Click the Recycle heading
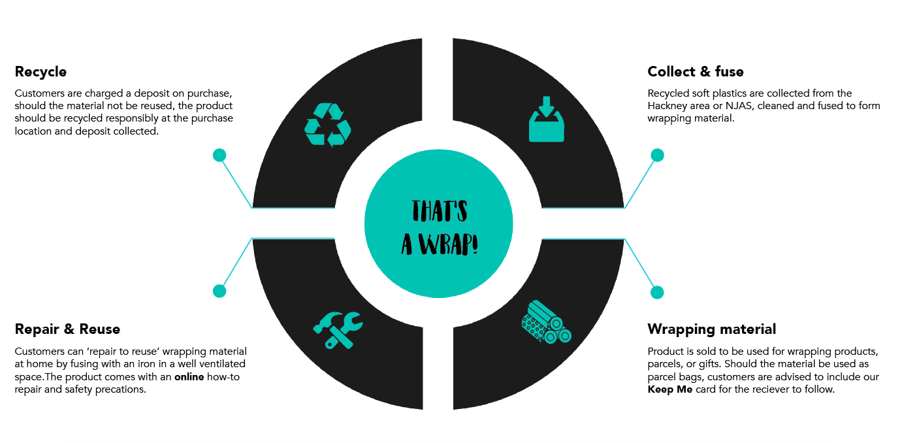pos(40,71)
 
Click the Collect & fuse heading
pos(695,71)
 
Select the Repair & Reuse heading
pos(67,329)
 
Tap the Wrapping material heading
pos(711,329)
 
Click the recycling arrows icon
pos(328,124)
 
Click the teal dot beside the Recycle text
pos(219,155)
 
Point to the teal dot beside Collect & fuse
pos(657,155)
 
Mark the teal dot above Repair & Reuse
pos(219,291)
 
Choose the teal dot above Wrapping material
pos(657,292)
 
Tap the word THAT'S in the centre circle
pos(439,210)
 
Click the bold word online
pos(189,377)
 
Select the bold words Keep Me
pos(669,389)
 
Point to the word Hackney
pos(666,106)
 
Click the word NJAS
pos(739,106)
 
